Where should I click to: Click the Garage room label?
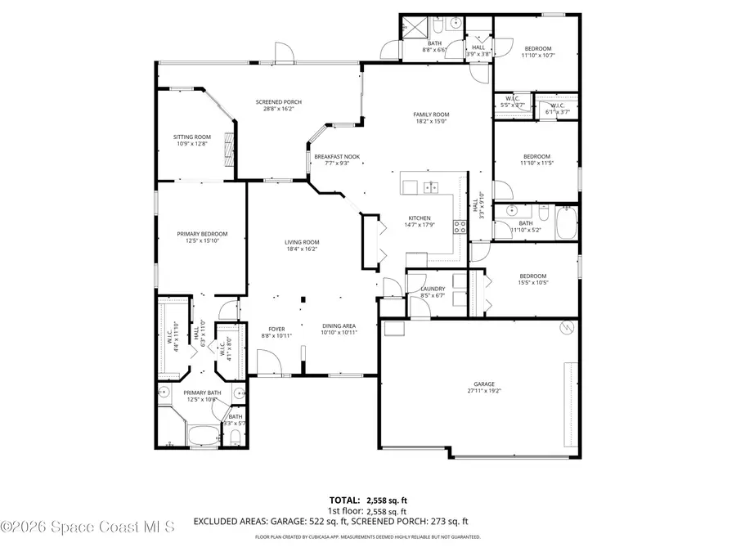[483, 384]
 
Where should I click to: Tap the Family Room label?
[431, 114]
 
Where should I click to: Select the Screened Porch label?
[278, 102]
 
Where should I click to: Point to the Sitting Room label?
[191, 137]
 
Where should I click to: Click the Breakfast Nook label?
[337, 157]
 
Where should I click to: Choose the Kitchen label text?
[420, 218]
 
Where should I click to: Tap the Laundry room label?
[432, 289]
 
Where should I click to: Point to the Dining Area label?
[338, 325]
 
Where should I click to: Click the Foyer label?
[276, 330]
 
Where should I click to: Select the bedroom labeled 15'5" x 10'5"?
[533, 276]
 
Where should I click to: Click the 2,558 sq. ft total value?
[388, 499]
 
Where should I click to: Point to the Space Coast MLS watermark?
[88, 528]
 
